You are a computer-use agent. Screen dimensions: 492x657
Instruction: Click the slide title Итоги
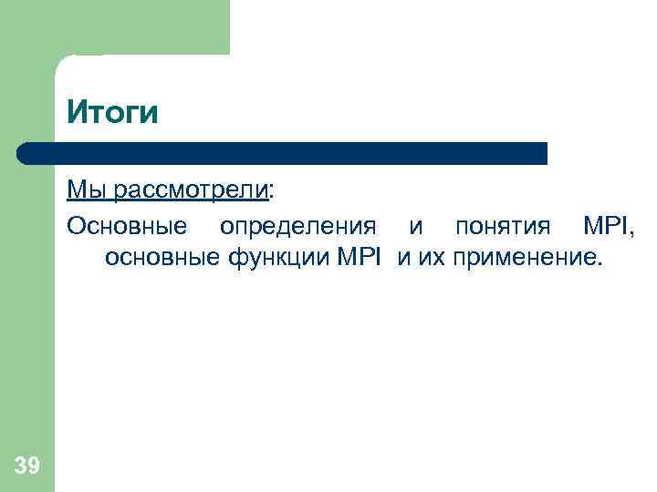[x=112, y=113]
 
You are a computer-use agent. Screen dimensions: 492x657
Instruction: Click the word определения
[x=297, y=224]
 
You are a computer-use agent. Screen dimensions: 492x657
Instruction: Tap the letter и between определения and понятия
[x=416, y=225]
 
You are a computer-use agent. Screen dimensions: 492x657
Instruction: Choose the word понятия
[x=503, y=225]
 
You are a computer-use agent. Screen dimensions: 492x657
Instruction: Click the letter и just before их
[x=403, y=259]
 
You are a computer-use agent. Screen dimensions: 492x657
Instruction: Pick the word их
[x=431, y=259]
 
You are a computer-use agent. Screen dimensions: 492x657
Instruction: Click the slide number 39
[x=27, y=466]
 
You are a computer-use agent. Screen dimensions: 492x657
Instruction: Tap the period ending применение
[x=600, y=265]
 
